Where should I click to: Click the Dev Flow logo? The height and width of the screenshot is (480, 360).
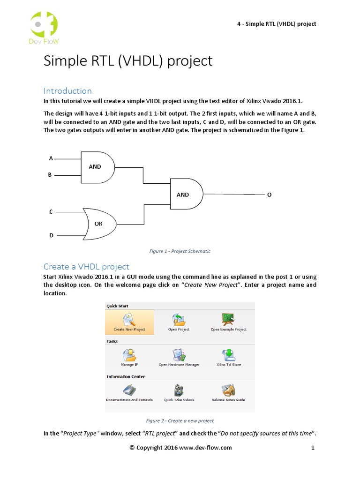pos(44,28)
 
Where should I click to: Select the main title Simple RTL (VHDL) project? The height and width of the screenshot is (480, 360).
pos(128,61)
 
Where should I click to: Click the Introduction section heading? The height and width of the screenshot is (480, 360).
pos(67,90)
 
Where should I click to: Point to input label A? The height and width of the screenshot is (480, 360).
pos(51,158)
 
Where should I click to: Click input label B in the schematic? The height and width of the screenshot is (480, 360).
pos(50,175)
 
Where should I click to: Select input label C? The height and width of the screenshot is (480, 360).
pos(51,212)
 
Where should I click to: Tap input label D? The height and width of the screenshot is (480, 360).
pos(51,235)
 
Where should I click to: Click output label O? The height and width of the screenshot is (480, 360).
pos(269,195)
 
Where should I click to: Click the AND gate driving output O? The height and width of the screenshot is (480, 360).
pos(186,194)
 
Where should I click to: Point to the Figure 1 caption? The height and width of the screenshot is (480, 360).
pos(180,251)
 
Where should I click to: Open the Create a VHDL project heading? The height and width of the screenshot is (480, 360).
pos(86,267)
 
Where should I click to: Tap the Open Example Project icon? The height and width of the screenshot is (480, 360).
pos(228,319)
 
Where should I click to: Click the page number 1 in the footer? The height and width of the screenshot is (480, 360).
pos(313,448)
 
